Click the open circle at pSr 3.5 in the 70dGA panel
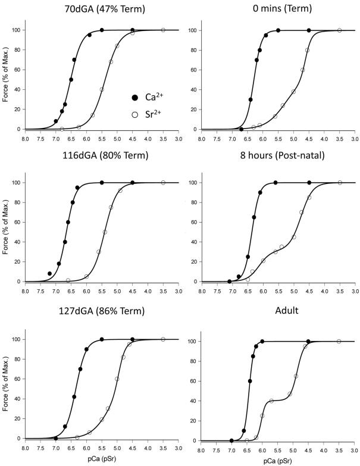(163, 30)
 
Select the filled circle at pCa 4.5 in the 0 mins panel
(309, 30)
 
